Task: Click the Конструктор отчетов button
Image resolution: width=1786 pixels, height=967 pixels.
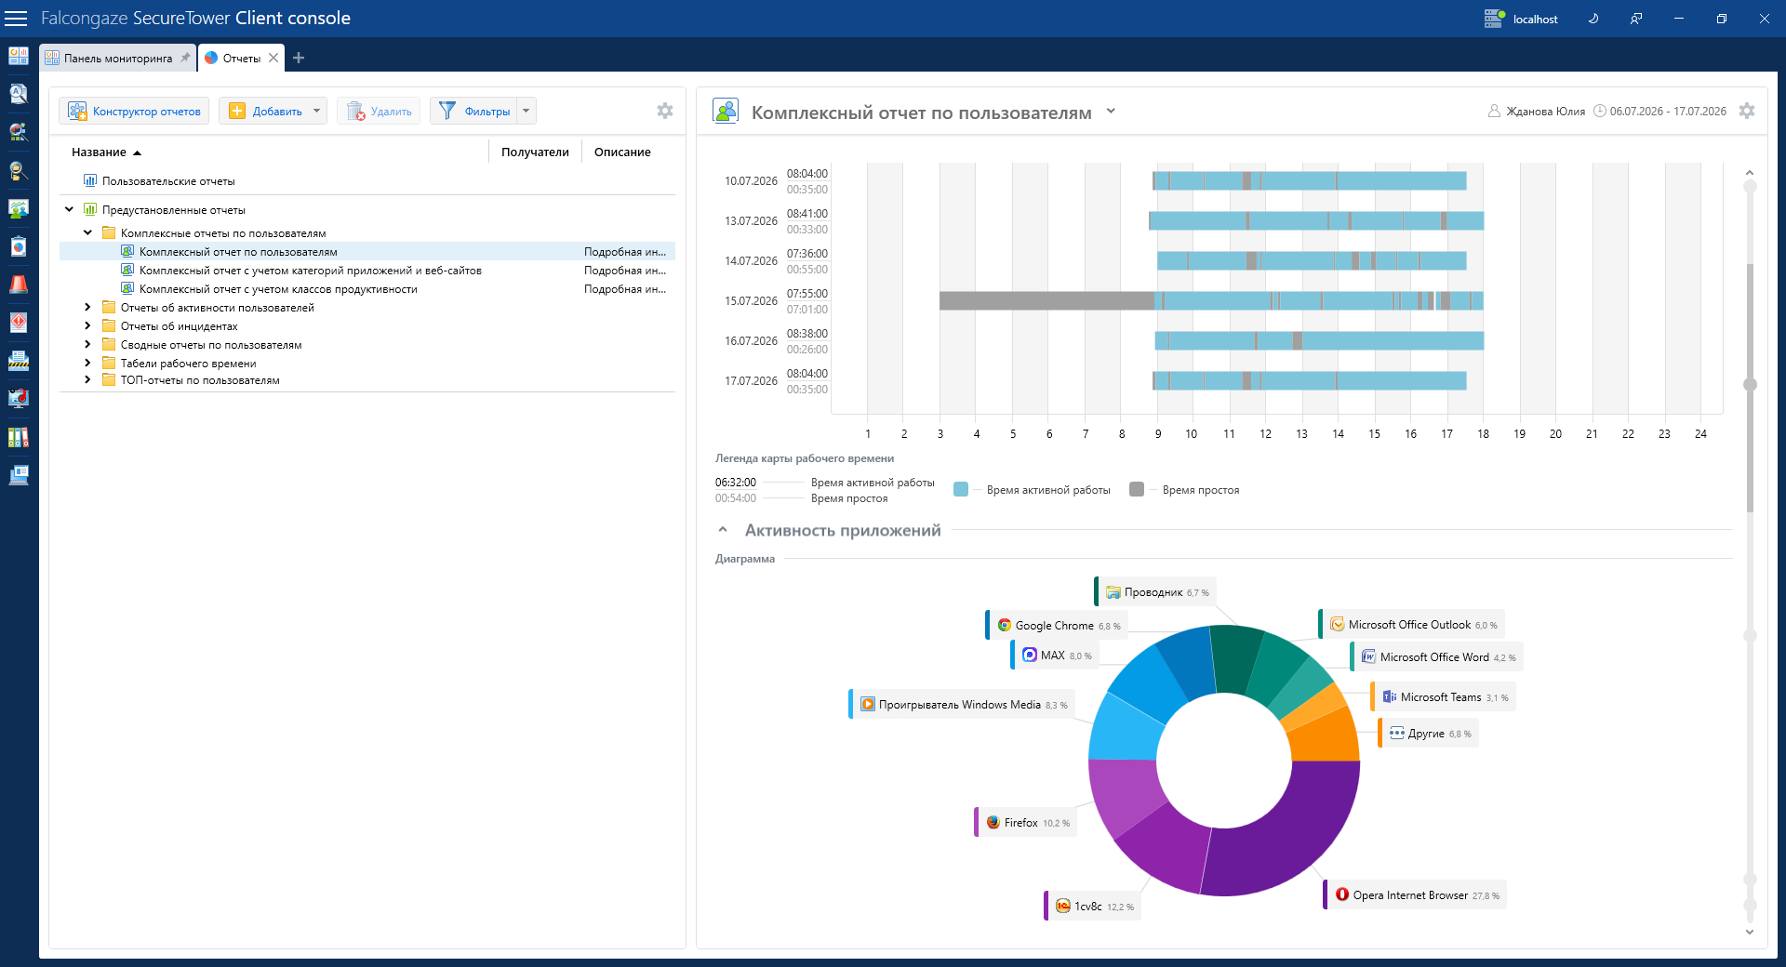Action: (x=135, y=111)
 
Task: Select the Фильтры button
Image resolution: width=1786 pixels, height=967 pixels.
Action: (x=474, y=111)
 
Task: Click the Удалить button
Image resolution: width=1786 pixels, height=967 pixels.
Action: (x=379, y=111)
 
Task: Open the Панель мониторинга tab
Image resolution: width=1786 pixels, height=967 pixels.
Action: (x=118, y=58)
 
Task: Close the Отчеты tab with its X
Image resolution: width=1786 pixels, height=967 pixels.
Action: (x=273, y=58)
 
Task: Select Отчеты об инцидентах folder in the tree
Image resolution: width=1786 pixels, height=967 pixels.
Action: (x=179, y=326)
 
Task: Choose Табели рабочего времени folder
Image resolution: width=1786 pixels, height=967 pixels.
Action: (x=188, y=364)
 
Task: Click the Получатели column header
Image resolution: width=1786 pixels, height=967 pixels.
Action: (x=535, y=152)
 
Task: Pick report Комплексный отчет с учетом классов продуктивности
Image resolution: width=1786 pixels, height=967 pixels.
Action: (x=278, y=289)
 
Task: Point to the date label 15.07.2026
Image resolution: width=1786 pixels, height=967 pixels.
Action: (x=751, y=301)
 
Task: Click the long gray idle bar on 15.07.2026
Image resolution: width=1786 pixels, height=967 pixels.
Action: (x=1046, y=300)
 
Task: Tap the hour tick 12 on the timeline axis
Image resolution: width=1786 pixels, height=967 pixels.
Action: (x=1265, y=434)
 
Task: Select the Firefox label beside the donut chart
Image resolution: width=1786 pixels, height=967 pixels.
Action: (x=1027, y=823)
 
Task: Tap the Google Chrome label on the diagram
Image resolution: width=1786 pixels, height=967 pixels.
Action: (x=1058, y=626)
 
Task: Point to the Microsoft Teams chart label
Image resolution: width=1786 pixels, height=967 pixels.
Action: (x=1445, y=697)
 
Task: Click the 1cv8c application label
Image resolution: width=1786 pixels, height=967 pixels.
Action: (x=1094, y=907)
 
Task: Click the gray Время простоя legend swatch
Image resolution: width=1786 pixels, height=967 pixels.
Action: (x=1137, y=489)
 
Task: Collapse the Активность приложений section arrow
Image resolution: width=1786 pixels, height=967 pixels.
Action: (x=723, y=530)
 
